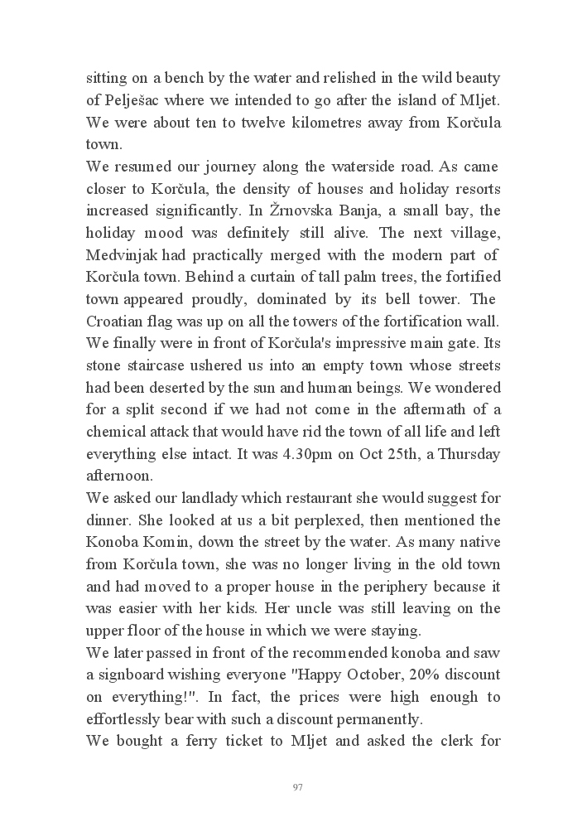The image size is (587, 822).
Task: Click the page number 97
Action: click(x=297, y=786)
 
